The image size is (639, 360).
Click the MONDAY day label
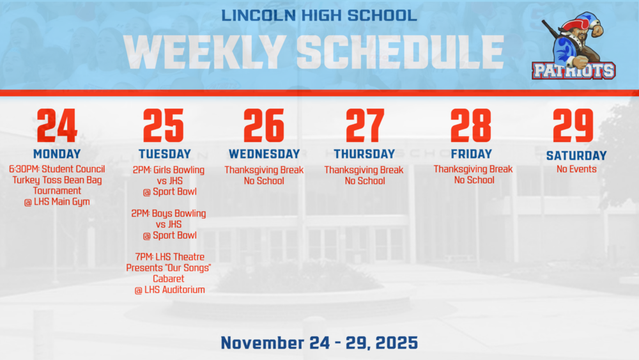57,154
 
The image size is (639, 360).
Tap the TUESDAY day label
165,154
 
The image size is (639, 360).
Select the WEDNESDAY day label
264,154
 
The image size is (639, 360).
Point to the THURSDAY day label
364,154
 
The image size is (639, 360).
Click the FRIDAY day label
472,154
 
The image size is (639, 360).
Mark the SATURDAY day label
576,155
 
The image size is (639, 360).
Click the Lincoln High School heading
319,15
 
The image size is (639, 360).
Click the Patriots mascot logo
574,46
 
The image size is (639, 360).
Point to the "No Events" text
576,169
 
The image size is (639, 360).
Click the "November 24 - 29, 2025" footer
319,342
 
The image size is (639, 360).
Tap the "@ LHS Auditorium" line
169,290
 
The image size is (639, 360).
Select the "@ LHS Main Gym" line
57,202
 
